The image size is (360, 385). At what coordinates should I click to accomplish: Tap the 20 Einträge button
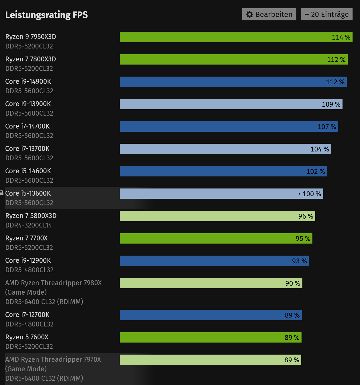coord(326,14)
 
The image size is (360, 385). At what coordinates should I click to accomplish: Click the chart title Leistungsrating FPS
coord(46,15)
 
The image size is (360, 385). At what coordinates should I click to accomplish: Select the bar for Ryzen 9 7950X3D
coord(224,37)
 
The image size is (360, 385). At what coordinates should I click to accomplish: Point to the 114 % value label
coord(341,37)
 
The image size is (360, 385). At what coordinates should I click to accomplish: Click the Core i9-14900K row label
coord(28,81)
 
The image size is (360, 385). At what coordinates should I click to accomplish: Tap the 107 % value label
coord(327,127)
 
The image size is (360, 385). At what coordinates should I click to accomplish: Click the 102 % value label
coord(316,172)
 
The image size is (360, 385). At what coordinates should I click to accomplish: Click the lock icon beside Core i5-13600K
coord(1,193)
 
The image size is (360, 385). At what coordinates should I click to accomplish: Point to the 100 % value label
coord(312,194)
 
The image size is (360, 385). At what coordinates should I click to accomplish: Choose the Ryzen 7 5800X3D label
coord(31,216)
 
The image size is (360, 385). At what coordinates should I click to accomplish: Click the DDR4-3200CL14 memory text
coord(29,225)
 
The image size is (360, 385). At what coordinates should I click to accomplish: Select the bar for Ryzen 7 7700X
coord(206,238)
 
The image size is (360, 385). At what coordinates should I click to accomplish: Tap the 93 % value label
coord(299,261)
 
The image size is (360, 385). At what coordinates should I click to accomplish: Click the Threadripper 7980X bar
coord(201,283)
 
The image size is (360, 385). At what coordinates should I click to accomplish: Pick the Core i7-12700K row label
coord(27,315)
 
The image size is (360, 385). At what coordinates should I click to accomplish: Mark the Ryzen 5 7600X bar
coord(201,337)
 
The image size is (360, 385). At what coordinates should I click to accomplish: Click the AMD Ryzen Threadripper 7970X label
coord(53,359)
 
